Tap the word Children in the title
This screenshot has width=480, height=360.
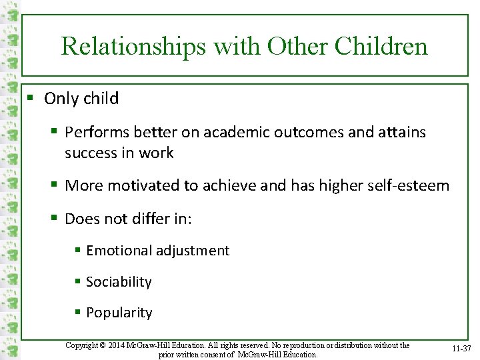(381, 46)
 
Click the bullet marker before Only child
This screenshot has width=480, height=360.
(29, 99)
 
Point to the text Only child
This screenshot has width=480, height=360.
(81, 99)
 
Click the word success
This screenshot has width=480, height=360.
(91, 153)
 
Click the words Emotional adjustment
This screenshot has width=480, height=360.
(157, 251)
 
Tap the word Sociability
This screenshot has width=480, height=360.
(119, 282)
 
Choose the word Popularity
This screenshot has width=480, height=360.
(119, 313)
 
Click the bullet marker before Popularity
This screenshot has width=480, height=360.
(77, 313)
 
